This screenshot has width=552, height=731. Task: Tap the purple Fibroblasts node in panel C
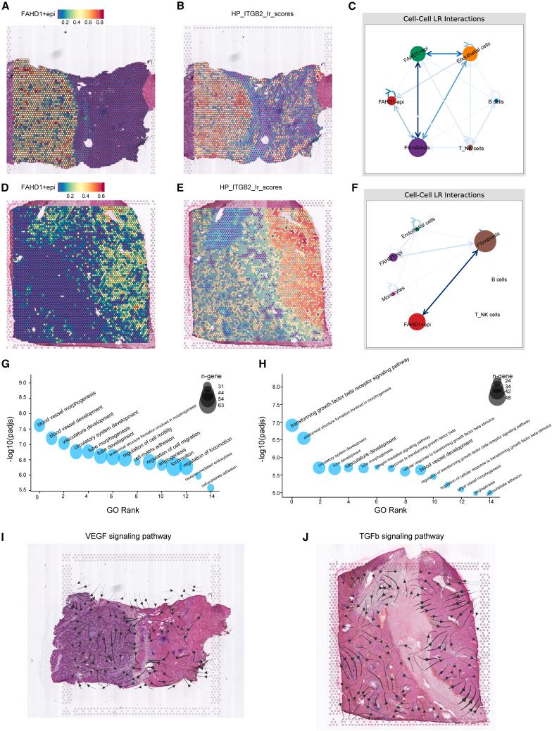[418, 148]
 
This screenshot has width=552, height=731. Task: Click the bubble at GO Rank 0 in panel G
[39, 425]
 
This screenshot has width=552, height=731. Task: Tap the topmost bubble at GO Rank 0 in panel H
[291, 425]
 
